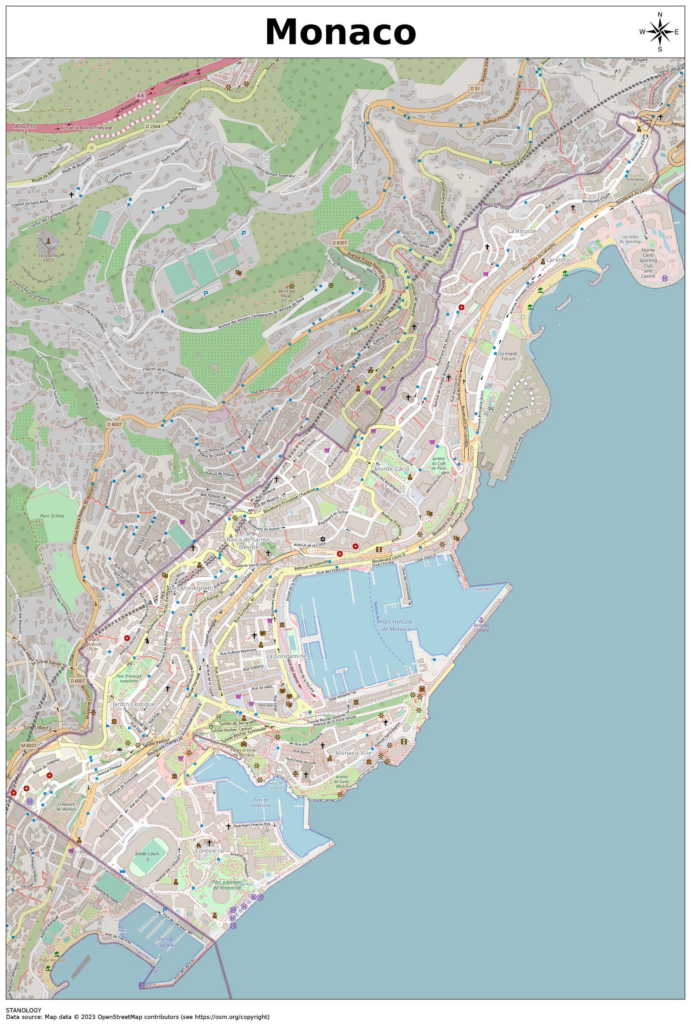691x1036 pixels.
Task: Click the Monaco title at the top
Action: (x=340, y=32)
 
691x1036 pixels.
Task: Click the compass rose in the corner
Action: (x=659, y=32)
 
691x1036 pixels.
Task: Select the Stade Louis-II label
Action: (x=147, y=857)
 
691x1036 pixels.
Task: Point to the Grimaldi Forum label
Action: (x=508, y=356)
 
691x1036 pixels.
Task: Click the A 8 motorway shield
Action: (x=140, y=95)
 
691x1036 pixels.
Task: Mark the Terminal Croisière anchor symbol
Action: (x=481, y=620)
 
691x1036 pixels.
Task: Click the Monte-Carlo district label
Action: (x=392, y=469)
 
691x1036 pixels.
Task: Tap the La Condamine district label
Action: (x=286, y=656)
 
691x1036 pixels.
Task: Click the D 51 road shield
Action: (x=474, y=88)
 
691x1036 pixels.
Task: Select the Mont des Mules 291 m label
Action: (x=286, y=294)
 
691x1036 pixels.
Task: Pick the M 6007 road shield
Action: (x=28, y=745)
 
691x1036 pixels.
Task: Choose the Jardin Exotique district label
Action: (x=134, y=704)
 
